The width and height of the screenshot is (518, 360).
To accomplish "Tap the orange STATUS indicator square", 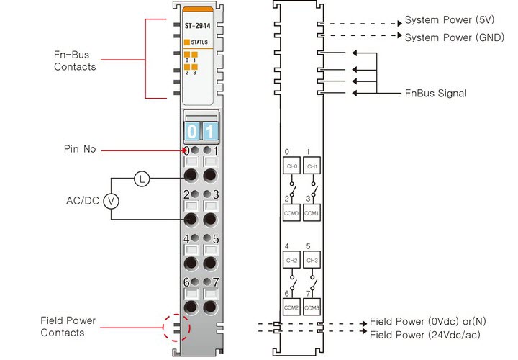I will (x=187, y=42).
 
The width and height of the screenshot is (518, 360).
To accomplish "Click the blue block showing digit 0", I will (x=192, y=132).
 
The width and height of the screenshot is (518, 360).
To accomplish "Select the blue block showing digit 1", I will (x=209, y=132).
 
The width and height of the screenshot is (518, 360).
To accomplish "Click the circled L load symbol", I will (x=142, y=179).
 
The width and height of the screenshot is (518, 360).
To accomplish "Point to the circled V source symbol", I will (x=112, y=202).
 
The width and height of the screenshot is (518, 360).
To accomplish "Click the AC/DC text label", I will (x=80, y=202).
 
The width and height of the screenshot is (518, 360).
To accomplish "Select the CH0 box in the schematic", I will (x=291, y=166).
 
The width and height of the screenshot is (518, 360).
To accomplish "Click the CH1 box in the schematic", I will (x=312, y=166).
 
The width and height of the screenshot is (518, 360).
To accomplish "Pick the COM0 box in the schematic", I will (x=291, y=213).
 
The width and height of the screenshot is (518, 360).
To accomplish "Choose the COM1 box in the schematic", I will (x=312, y=213).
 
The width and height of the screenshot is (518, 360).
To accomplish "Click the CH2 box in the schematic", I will (x=291, y=260).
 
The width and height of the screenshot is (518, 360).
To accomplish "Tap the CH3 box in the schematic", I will (x=312, y=260).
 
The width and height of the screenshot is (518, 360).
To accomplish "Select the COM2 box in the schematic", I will (x=291, y=307).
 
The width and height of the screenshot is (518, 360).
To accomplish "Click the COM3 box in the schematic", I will (x=312, y=307).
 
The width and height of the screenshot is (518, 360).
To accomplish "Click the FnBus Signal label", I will (x=436, y=93).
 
